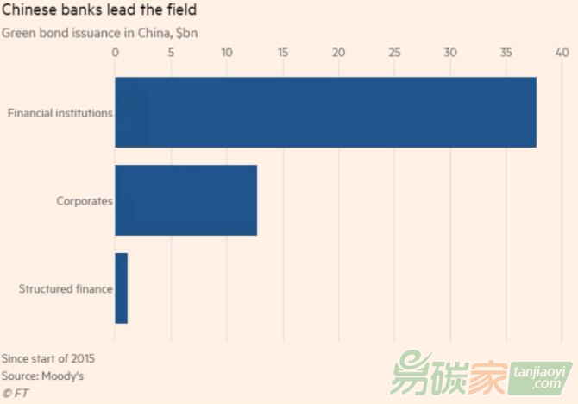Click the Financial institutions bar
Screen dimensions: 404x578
click(x=325, y=112)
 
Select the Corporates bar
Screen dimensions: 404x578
click(x=185, y=200)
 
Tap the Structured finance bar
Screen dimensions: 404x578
click(x=121, y=288)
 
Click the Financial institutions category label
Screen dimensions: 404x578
click(x=60, y=113)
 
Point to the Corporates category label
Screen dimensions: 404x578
click(x=85, y=201)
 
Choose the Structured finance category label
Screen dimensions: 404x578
click(x=66, y=289)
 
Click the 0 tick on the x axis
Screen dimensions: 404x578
click(x=115, y=54)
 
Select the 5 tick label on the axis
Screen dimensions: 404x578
click(x=171, y=54)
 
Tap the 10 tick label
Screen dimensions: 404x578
click(x=227, y=54)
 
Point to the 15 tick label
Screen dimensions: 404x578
click(x=283, y=54)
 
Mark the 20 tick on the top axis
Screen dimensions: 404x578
click(x=338, y=54)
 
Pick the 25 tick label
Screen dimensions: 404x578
click(x=394, y=54)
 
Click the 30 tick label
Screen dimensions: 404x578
click(x=450, y=54)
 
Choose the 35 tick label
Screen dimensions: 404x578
click(x=506, y=54)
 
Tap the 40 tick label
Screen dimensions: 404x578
click(x=562, y=54)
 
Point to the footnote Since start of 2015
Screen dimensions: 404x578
click(x=48, y=358)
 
